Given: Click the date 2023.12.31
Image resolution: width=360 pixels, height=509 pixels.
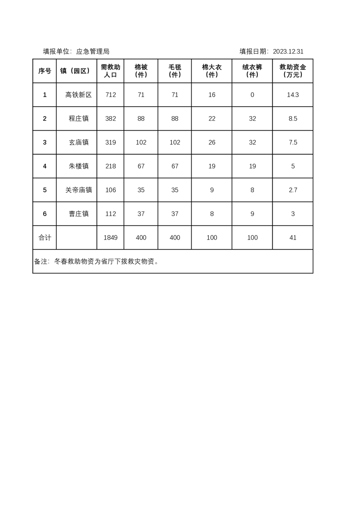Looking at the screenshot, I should (x=288, y=52).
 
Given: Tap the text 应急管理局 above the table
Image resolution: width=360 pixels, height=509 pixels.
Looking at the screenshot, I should (x=93, y=52).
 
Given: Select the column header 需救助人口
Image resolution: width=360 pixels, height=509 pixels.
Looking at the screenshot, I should (x=110, y=71).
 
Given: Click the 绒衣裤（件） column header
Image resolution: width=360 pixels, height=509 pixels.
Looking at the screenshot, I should (x=252, y=71).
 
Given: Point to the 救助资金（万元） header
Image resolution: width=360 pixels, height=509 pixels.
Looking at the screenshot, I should (x=293, y=71).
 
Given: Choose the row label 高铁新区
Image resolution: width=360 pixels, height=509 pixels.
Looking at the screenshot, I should (x=79, y=95).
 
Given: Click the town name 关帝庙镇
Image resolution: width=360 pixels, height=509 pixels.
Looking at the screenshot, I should (x=79, y=190).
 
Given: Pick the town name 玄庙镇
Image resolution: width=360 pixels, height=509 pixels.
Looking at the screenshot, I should (x=79, y=142).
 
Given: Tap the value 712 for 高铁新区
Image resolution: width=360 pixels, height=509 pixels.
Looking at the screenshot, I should (x=110, y=95).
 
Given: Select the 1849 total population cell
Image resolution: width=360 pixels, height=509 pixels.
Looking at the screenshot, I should (x=110, y=238).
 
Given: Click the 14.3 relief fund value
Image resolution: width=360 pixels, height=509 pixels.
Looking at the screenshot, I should (x=293, y=95).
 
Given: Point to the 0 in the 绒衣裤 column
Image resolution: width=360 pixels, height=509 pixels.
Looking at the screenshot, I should (x=252, y=95).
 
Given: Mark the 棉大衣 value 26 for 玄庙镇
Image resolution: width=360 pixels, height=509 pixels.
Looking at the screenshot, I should (x=212, y=142).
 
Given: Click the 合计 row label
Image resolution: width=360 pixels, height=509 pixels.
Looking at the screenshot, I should (x=44, y=238).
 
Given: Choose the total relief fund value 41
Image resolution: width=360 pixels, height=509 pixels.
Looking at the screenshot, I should (x=293, y=238).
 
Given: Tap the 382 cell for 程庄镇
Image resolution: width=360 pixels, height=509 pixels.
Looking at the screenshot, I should (x=110, y=119).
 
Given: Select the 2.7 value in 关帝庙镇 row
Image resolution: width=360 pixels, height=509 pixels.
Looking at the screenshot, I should (x=293, y=190).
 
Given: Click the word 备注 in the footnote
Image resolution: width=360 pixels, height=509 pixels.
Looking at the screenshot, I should (x=41, y=262).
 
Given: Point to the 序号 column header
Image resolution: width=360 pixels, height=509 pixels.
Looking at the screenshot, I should (x=44, y=71).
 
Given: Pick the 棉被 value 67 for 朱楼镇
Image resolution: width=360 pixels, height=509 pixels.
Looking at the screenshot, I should (x=141, y=166).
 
